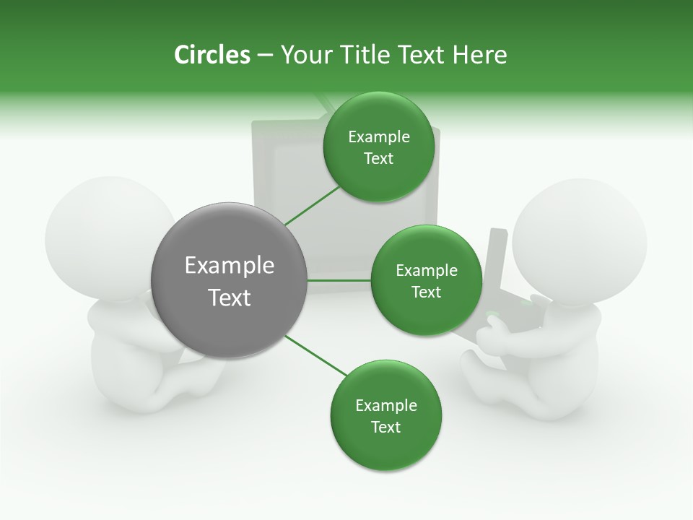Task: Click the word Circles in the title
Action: pos(212,55)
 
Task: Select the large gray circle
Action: pos(229,281)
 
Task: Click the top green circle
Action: pos(378,147)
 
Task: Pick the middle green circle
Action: pos(426,280)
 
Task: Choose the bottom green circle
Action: pos(385,415)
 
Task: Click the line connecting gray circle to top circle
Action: pos(312,205)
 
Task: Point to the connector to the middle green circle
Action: pos(339,280)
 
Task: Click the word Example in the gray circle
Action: pos(229,266)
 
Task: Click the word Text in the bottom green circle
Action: pos(385,427)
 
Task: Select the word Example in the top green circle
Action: pos(378,137)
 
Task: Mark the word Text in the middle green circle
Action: pos(426,292)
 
